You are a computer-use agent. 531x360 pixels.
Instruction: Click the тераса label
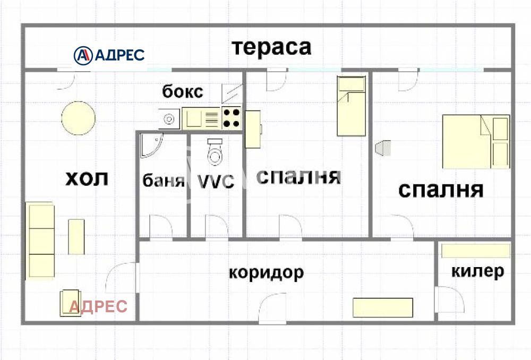tap(271, 47)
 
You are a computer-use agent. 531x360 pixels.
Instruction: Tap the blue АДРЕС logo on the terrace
tap(109, 55)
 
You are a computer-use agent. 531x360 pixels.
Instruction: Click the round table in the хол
tap(79, 117)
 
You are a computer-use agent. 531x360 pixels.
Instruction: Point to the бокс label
tap(183, 91)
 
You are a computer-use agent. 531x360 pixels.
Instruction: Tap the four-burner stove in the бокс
tap(232, 118)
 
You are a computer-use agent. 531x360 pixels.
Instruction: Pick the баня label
tap(163, 181)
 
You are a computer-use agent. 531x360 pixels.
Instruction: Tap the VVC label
tap(216, 182)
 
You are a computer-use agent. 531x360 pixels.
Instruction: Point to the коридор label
tap(267, 272)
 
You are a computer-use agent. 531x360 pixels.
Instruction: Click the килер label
tap(477, 271)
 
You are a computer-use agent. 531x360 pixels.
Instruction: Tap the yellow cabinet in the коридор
tap(383, 307)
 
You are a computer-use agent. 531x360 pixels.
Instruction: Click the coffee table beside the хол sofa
tap(76, 236)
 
